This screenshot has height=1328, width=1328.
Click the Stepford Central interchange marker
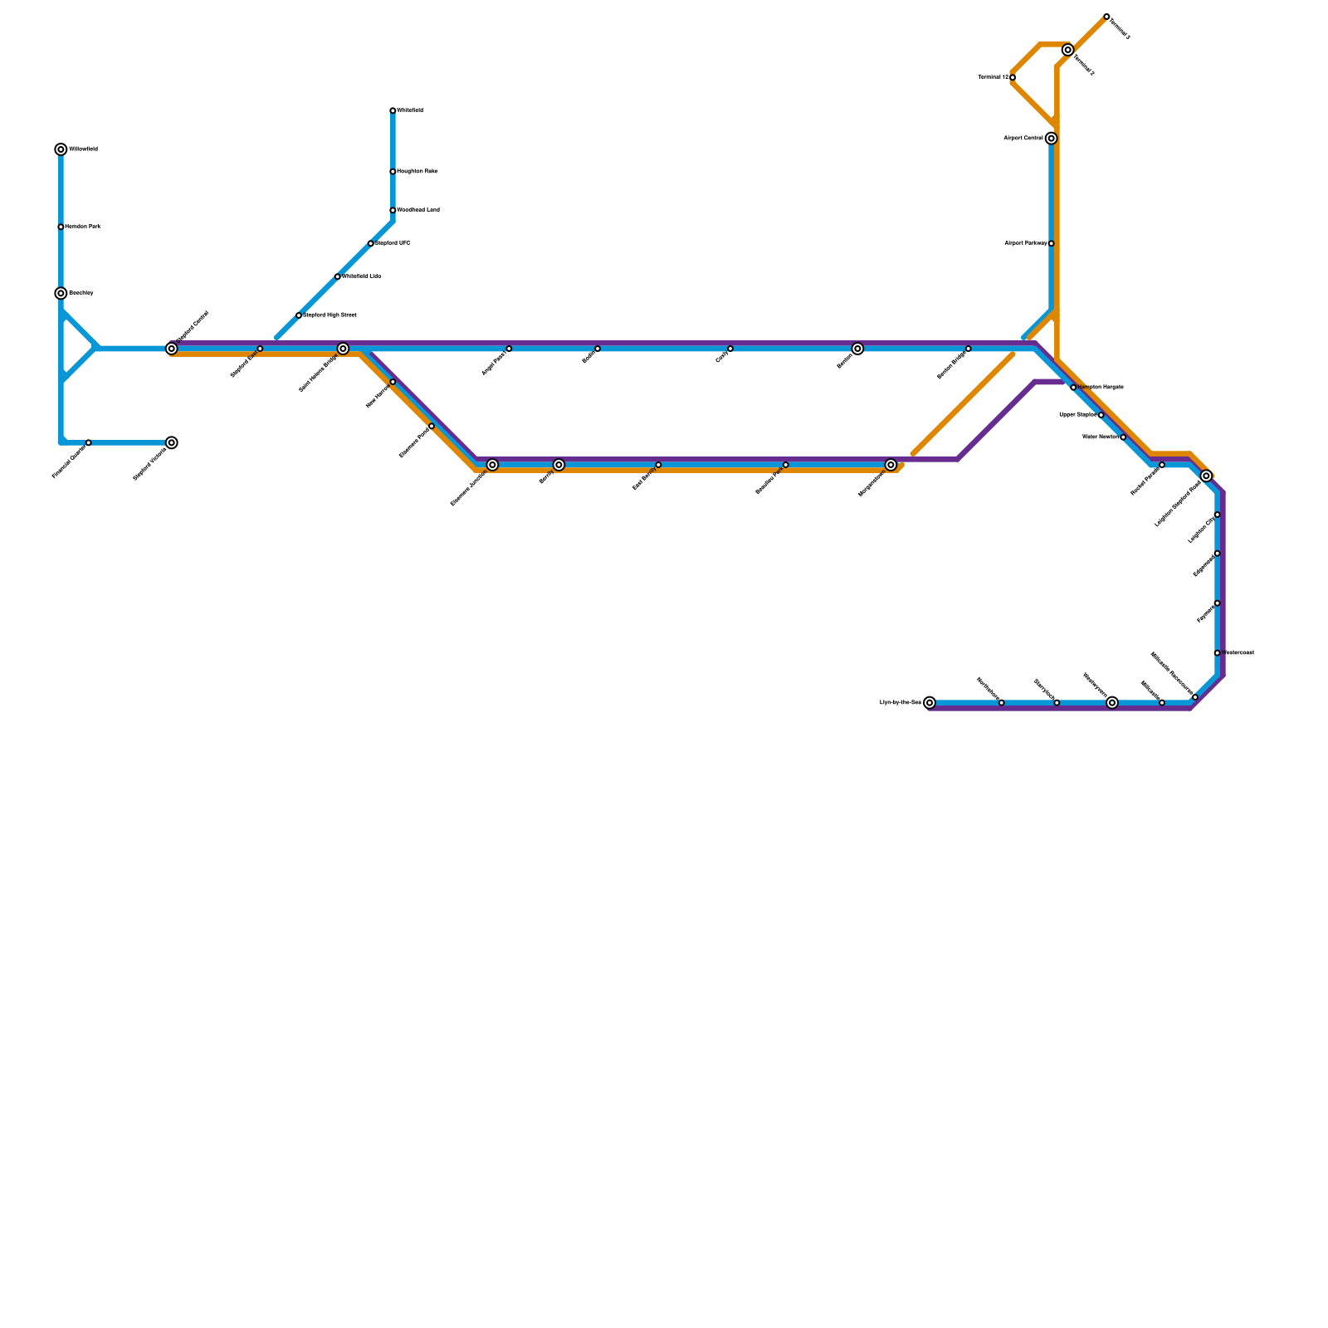tap(172, 349)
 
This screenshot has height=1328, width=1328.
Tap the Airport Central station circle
tap(1051, 139)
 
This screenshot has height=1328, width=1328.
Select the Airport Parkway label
tap(1026, 244)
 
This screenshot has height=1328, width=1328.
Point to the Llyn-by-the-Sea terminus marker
tap(930, 703)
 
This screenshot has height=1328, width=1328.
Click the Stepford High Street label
tap(330, 315)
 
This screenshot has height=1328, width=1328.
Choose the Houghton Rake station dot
tap(393, 172)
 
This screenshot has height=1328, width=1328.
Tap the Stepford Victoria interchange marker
tap(172, 443)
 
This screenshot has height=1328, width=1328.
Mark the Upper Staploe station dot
tap(1101, 415)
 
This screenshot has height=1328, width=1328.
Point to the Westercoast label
tap(1238, 653)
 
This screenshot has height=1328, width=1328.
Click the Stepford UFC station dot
tap(371, 244)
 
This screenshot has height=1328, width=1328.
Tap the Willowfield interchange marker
tap(61, 150)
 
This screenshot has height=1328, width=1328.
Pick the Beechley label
tap(81, 294)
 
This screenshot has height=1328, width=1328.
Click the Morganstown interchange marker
tap(891, 466)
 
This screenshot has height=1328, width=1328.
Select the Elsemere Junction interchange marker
tap(492, 466)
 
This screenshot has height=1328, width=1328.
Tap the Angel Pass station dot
tap(509, 349)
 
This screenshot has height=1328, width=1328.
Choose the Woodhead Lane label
tap(418, 211)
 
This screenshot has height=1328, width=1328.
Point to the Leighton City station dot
tap(1217, 515)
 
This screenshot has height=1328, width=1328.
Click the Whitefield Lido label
tap(362, 276)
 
